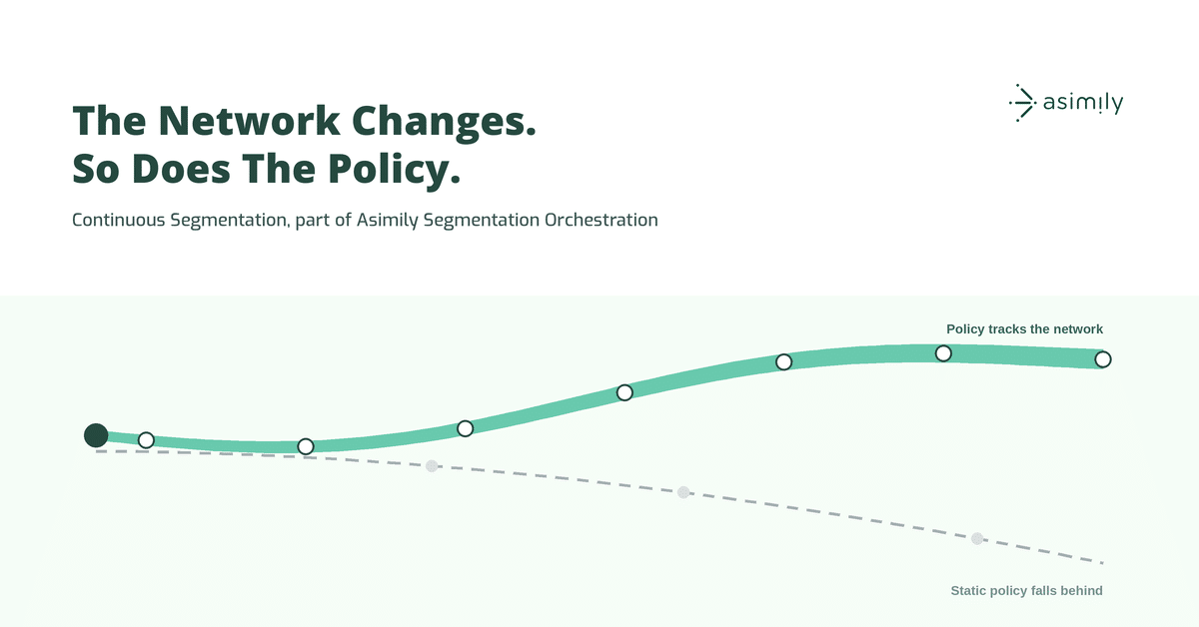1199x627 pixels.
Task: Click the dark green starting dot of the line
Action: (96, 435)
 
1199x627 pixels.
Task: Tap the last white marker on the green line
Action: (1103, 359)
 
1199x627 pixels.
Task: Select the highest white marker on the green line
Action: (943, 353)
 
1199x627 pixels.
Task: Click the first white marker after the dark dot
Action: (146, 440)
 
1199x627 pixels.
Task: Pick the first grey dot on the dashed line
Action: (432, 466)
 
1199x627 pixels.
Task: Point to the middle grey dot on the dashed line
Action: (683, 492)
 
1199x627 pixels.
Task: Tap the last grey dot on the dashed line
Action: (977, 538)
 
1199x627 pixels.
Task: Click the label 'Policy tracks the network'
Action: (1024, 329)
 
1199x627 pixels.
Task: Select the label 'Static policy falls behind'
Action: (1027, 591)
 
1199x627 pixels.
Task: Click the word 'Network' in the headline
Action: (250, 121)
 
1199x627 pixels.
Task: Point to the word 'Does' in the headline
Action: (181, 169)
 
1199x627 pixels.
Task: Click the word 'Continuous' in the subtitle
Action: (118, 220)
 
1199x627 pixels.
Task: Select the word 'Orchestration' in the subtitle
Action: (601, 220)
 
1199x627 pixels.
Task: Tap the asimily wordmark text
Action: (1083, 103)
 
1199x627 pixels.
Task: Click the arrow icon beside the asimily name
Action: (1022, 103)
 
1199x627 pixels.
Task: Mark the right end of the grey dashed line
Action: (1103, 563)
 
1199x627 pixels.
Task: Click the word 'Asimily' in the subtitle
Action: (387, 221)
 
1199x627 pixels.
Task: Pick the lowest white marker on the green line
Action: (306, 446)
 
